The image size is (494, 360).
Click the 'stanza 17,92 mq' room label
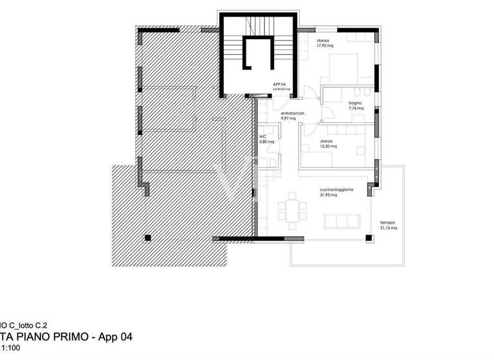click(325, 43)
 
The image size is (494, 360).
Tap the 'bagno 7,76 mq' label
click(356, 105)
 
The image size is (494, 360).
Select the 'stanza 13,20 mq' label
click(327, 143)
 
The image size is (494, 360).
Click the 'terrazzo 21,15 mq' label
click(389, 224)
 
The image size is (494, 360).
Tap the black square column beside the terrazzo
click(369, 239)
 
